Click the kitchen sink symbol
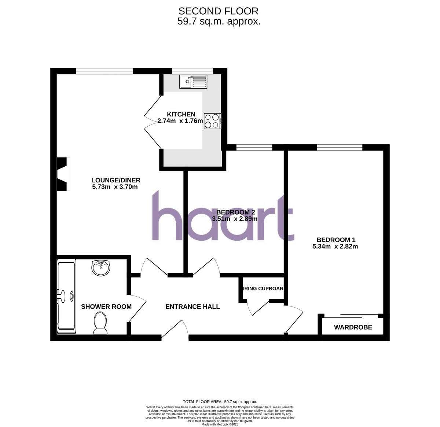point(193,82)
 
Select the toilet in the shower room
point(100,323)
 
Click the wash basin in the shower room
point(100,268)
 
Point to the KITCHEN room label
point(181,114)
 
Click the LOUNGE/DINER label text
point(116,180)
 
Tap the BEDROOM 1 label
point(335,240)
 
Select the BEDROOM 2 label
point(235,212)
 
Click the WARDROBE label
point(353,327)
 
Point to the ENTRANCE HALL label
point(192,307)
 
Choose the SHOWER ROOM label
point(106,307)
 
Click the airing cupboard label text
point(263,288)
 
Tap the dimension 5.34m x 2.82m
point(335,246)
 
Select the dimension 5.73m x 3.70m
point(115,187)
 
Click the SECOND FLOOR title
point(219,11)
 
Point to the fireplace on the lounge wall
point(63,174)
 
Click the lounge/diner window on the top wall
point(104,71)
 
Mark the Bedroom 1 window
point(340,147)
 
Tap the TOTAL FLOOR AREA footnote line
point(220,402)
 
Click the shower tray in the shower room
point(66,296)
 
